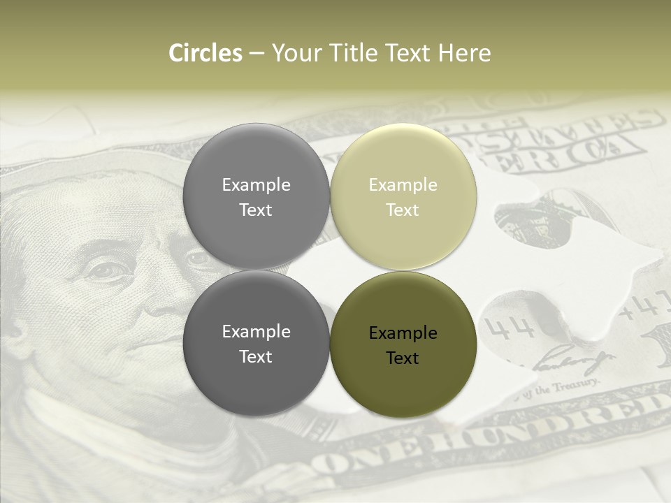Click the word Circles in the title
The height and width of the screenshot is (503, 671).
point(205,53)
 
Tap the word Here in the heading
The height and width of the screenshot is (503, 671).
point(464,53)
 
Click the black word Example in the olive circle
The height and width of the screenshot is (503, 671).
point(403,333)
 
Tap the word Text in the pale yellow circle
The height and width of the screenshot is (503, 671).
point(403,210)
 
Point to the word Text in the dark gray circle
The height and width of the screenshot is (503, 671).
point(256,357)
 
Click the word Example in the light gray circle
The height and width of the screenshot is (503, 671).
point(256,185)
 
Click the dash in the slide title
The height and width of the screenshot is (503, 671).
point(257,54)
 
